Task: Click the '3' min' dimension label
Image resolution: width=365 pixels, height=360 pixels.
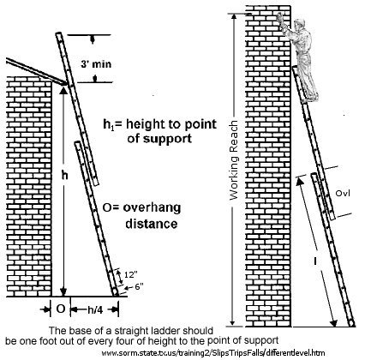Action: click(x=96, y=64)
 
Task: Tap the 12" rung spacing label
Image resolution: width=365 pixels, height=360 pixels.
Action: click(x=131, y=274)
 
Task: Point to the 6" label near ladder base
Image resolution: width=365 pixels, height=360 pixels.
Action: click(x=139, y=286)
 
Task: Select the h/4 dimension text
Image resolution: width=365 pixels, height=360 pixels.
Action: click(x=95, y=309)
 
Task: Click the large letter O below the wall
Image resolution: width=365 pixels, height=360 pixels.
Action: click(x=61, y=309)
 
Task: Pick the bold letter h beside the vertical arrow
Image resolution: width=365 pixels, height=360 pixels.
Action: click(x=65, y=175)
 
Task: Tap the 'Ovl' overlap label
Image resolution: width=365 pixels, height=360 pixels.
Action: click(x=343, y=193)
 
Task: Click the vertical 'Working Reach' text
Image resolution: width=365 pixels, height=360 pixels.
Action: click(x=234, y=160)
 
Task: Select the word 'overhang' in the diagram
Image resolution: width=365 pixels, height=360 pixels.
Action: click(x=152, y=208)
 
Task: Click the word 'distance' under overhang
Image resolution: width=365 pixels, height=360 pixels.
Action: click(x=152, y=223)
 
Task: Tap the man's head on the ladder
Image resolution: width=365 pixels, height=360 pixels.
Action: click(x=299, y=24)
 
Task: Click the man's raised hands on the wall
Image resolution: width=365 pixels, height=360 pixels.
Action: click(x=281, y=18)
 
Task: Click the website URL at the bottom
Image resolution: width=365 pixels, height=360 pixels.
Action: click(x=213, y=352)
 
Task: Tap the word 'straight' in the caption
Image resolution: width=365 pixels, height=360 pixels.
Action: click(x=133, y=331)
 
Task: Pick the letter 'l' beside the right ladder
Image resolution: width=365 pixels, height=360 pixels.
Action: click(x=314, y=261)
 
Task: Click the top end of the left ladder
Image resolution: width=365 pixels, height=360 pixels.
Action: click(x=58, y=34)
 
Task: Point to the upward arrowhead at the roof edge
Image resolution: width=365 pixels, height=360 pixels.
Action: click(x=63, y=89)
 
